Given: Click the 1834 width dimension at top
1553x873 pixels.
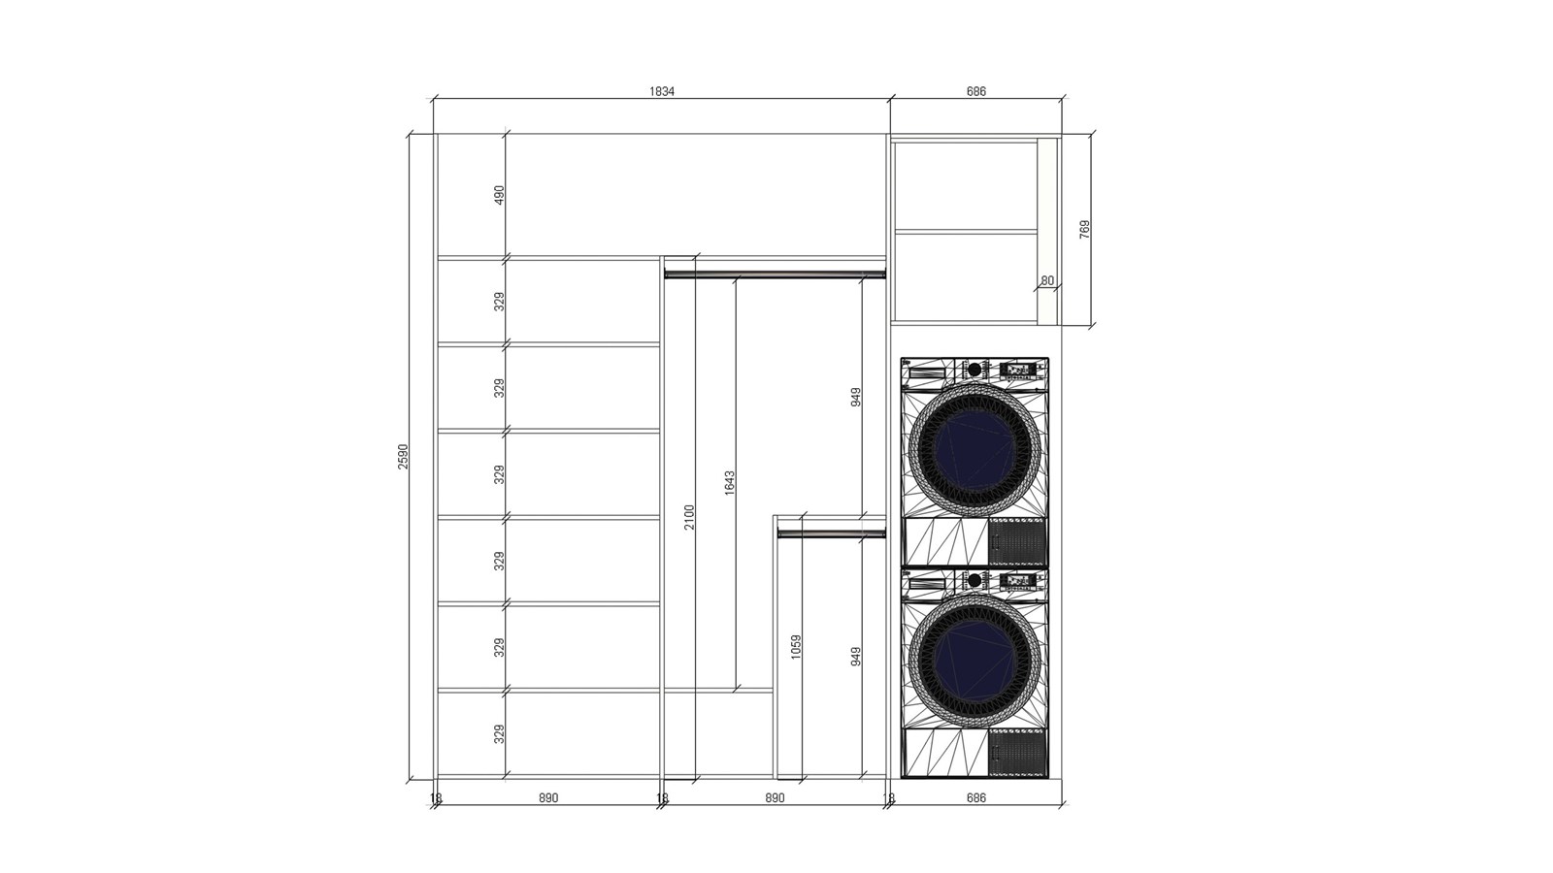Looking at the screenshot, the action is pyautogui.click(x=661, y=91).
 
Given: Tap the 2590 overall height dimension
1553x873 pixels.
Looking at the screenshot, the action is pyautogui.click(x=404, y=457).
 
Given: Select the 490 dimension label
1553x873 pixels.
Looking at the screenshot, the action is pyautogui.click(x=499, y=195).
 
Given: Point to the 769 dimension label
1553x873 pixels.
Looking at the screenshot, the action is pyautogui.click(x=1085, y=229).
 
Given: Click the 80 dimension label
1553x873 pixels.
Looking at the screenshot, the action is pyautogui.click(x=1047, y=280).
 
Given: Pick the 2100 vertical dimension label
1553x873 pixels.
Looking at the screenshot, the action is pyautogui.click(x=689, y=517).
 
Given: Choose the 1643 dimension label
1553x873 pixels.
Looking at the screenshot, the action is pyautogui.click(x=729, y=483).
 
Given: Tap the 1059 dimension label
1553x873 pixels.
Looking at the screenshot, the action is pyautogui.click(x=796, y=647).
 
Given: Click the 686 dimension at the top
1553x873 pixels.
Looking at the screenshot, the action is pyautogui.click(x=975, y=91).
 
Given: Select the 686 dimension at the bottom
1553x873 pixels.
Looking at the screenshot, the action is pyautogui.click(x=975, y=798).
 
